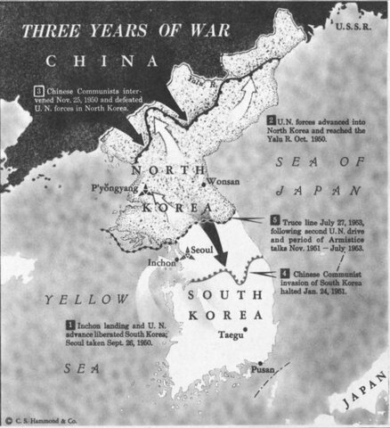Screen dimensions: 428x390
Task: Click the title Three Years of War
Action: pyautogui.click(x=128, y=29)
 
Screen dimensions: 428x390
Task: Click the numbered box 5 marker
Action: pyautogui.click(x=275, y=218)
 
